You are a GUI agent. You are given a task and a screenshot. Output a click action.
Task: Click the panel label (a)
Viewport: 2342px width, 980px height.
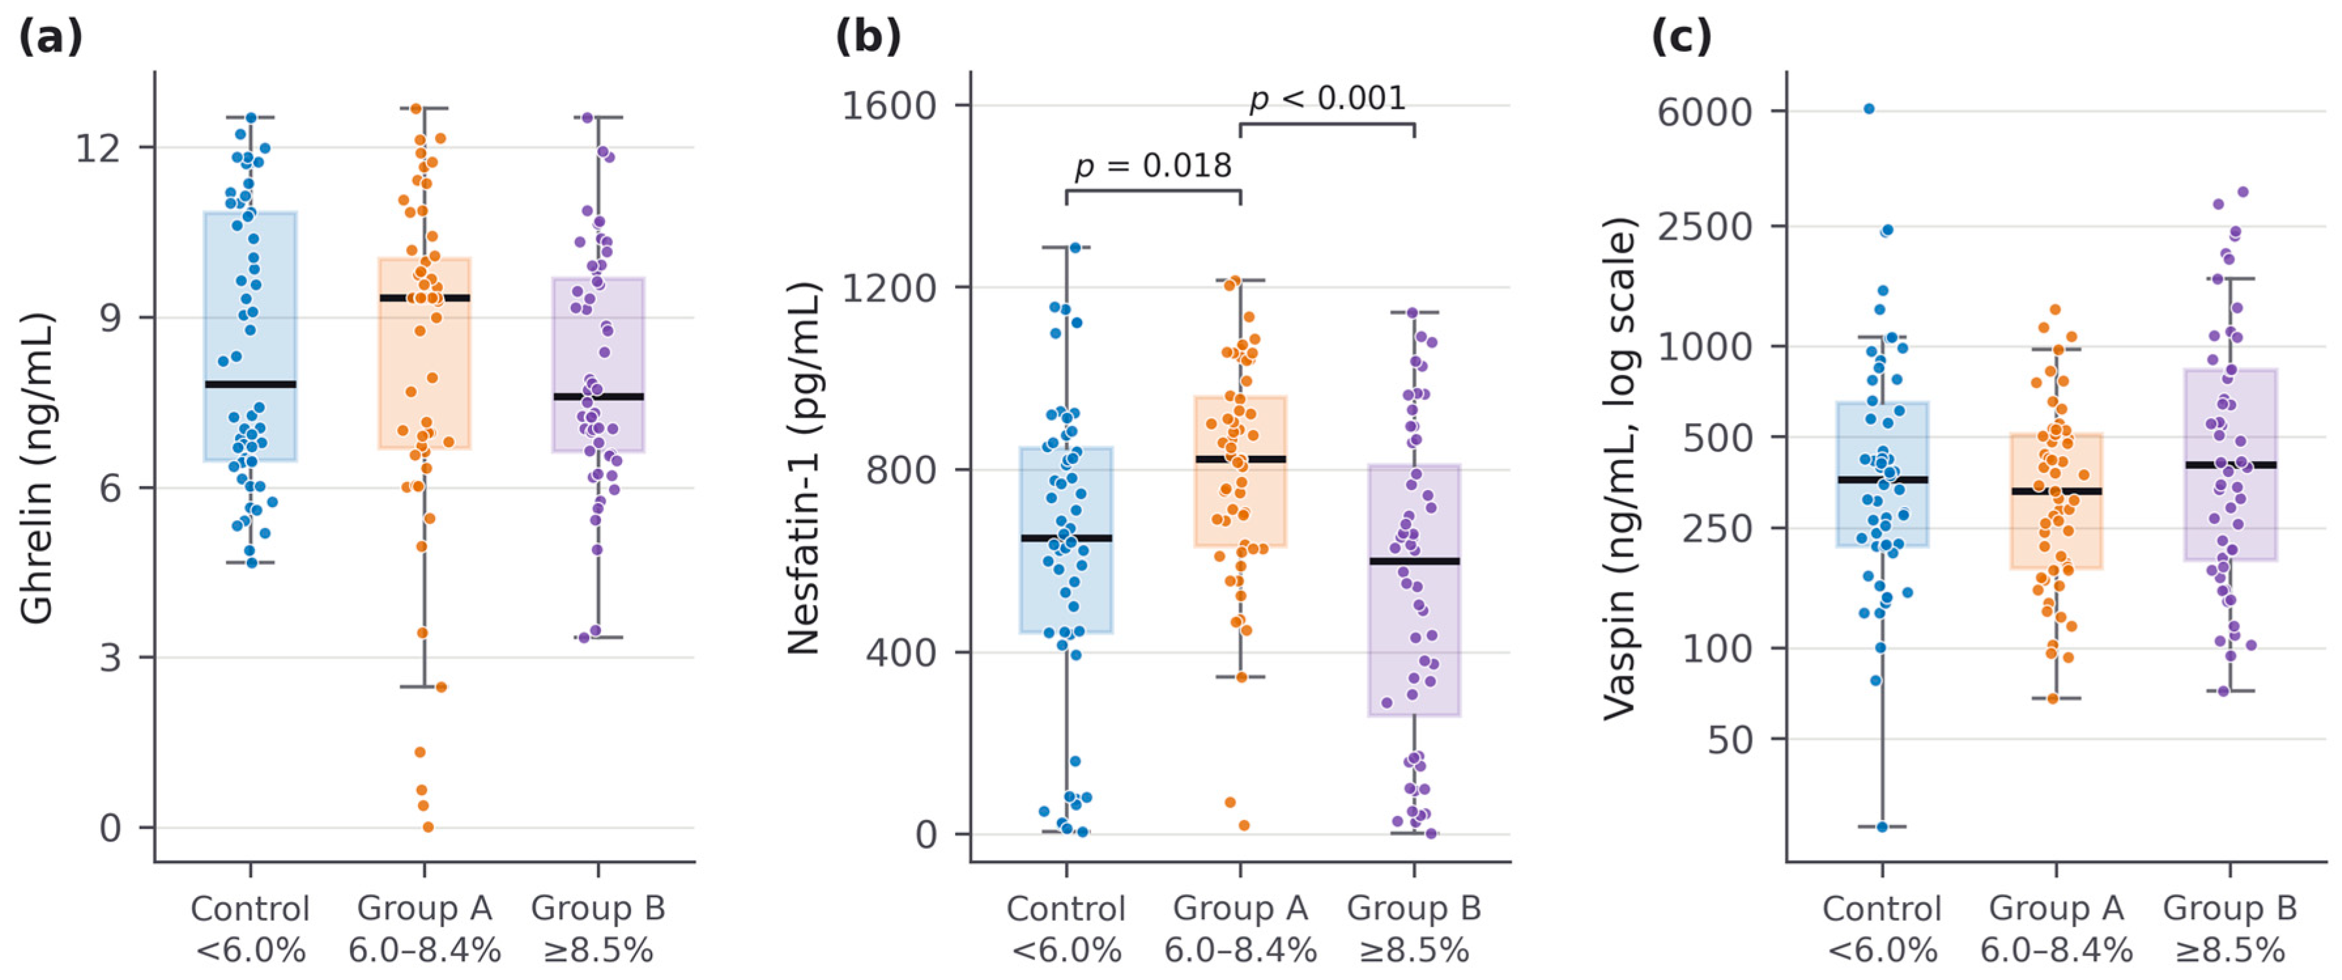(x=51, y=37)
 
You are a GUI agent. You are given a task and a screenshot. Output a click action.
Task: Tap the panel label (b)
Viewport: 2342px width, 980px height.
(x=868, y=37)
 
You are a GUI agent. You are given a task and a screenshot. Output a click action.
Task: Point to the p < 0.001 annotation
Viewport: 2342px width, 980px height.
(x=1327, y=98)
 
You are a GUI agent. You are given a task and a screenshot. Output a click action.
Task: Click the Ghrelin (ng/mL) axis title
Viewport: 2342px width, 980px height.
(x=38, y=468)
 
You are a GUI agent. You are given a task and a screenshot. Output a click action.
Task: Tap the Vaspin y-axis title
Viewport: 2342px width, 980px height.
(x=1619, y=468)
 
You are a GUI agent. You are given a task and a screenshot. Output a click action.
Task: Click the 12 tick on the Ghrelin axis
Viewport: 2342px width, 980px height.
(x=98, y=147)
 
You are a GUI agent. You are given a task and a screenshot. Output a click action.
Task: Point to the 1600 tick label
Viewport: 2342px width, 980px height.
(x=888, y=105)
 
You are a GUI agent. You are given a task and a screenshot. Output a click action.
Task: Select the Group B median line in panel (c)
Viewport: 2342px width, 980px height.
(x=2230, y=465)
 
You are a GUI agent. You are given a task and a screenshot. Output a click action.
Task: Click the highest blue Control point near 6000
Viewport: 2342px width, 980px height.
(x=1869, y=109)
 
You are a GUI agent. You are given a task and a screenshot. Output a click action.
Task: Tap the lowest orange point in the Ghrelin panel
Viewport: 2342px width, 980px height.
(x=427, y=826)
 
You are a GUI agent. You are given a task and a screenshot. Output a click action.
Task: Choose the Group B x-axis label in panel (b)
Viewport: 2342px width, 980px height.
(x=1414, y=929)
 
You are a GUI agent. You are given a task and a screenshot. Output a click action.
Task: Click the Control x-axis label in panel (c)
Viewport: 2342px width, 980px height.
(x=1882, y=929)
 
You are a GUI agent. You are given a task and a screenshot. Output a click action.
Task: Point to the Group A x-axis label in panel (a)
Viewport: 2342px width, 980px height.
(x=425, y=929)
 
